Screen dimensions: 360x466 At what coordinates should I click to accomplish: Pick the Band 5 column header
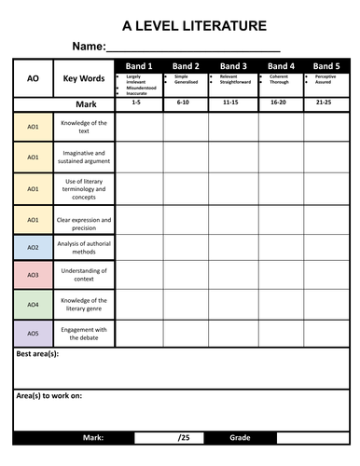[325, 66]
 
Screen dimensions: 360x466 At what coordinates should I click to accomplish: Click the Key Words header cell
[84, 80]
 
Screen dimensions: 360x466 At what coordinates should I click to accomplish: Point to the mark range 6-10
[185, 103]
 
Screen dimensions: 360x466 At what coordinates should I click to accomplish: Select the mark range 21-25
[325, 103]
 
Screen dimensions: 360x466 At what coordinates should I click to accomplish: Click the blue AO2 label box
[33, 248]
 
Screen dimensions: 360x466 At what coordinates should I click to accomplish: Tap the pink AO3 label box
[33, 276]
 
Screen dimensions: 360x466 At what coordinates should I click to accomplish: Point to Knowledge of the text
[84, 127]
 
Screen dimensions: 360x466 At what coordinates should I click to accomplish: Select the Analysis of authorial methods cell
[84, 248]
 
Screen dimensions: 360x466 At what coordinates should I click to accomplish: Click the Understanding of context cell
[84, 276]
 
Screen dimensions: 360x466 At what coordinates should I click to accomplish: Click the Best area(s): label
[38, 355]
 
